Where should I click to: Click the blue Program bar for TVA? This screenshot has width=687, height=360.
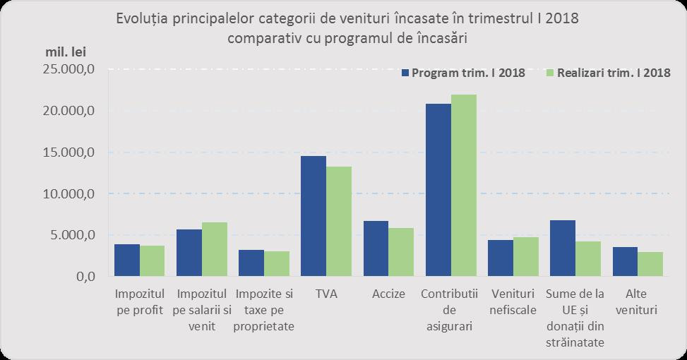[x=313, y=216]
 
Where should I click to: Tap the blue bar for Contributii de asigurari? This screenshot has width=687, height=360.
[x=438, y=190]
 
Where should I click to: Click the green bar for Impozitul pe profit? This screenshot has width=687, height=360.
[x=152, y=261]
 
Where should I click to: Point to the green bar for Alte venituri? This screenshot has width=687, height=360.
[x=650, y=264]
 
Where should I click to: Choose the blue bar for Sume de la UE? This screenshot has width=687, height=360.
[x=563, y=248]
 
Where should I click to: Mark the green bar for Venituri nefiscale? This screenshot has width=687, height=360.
[x=526, y=257]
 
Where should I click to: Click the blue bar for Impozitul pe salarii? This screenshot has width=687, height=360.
[x=189, y=253]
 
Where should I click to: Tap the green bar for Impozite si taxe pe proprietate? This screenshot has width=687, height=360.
[x=277, y=263]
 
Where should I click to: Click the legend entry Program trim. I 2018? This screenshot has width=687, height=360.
[x=462, y=73]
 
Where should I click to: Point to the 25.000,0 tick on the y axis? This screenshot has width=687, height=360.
[x=69, y=70]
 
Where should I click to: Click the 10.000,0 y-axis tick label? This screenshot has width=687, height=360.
[x=69, y=194]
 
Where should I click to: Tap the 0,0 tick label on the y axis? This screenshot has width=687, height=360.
[x=82, y=277]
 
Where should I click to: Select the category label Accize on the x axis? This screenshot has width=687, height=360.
[x=388, y=294]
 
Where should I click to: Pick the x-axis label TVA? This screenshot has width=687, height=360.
[x=326, y=294]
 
